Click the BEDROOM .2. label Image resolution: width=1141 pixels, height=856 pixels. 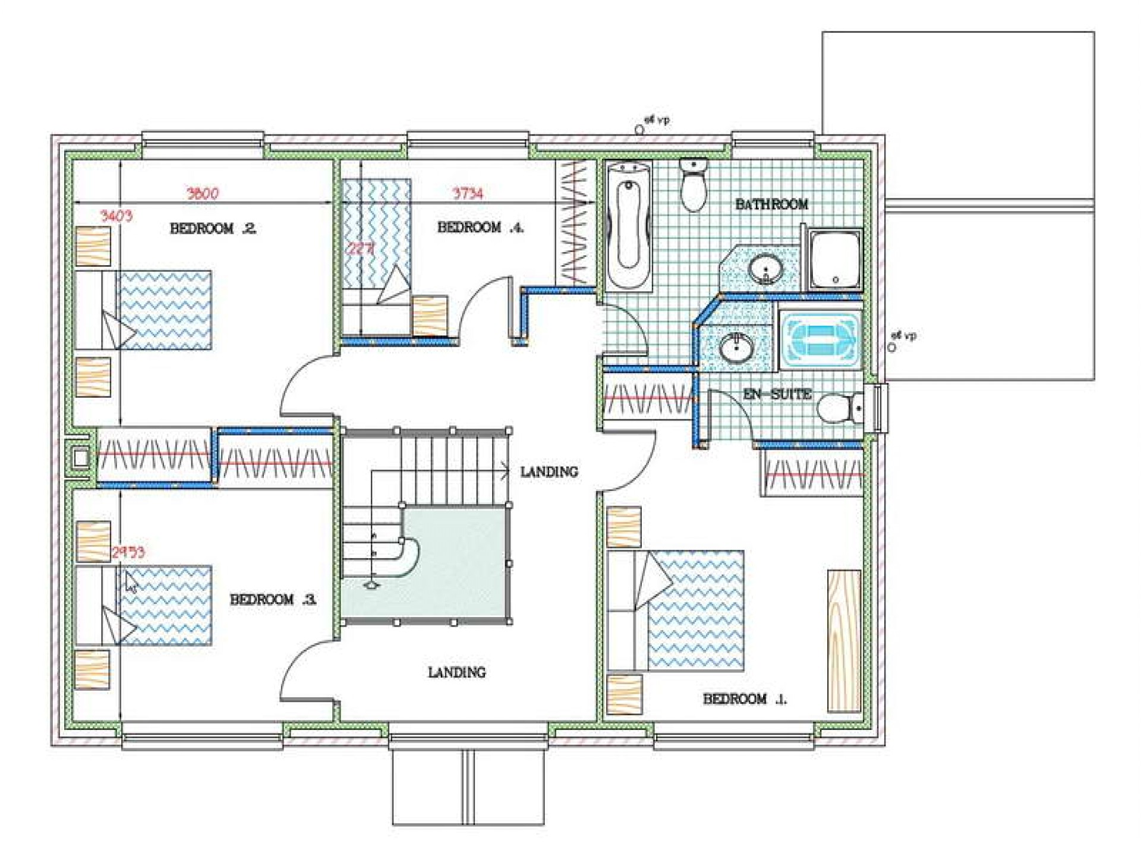(213, 228)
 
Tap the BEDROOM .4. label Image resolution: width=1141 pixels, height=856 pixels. (480, 227)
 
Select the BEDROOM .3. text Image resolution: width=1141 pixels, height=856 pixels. (273, 599)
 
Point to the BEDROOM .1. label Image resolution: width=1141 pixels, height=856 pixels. (744, 699)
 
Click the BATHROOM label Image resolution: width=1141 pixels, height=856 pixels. (771, 204)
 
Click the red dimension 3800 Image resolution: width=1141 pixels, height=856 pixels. (203, 193)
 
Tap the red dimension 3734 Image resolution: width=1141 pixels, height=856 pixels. (468, 193)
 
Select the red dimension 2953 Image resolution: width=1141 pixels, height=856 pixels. (128, 552)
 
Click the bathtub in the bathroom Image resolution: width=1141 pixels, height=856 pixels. (628, 225)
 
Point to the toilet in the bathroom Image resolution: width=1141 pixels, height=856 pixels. (692, 184)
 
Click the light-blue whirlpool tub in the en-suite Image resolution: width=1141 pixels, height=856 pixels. (820, 340)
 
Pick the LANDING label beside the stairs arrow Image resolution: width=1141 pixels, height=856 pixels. (549, 472)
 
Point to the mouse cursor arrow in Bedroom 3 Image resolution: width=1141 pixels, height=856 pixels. (131, 582)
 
